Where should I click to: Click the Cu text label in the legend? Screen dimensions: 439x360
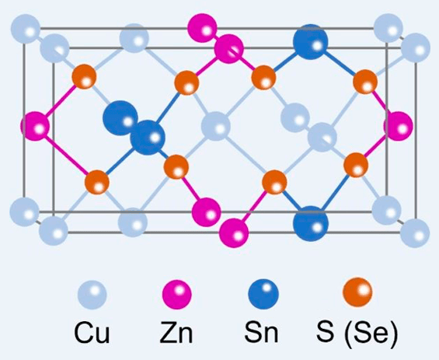click(x=92, y=333)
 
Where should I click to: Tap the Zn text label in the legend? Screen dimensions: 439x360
click(x=176, y=333)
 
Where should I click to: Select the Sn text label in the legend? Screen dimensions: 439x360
click(x=262, y=333)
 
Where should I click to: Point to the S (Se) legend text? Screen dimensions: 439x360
click(x=357, y=334)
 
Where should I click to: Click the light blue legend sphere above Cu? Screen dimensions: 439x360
click(x=92, y=294)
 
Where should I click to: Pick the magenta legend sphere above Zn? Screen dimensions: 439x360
click(x=177, y=295)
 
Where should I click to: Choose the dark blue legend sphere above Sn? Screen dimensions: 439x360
click(x=263, y=294)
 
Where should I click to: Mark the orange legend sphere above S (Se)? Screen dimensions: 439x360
click(x=357, y=292)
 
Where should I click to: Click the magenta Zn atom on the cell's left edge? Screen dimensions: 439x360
click(x=35, y=126)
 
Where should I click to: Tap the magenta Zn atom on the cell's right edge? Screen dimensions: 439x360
click(x=398, y=126)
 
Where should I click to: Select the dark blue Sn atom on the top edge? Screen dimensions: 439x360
click(x=310, y=42)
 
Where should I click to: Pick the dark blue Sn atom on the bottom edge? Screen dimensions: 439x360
click(x=310, y=223)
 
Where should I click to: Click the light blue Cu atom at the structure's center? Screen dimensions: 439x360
click(x=216, y=126)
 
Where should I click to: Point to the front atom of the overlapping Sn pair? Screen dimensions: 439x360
click(x=148, y=138)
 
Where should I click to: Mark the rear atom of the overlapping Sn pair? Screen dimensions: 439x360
click(x=120, y=118)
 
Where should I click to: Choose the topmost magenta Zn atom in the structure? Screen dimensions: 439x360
click(x=203, y=28)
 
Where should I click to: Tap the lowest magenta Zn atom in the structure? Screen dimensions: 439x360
click(x=234, y=233)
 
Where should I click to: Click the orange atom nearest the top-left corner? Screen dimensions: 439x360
click(x=84, y=76)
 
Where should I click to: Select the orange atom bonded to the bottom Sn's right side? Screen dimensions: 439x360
click(x=356, y=165)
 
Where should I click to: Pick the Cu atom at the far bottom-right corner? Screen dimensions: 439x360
click(x=415, y=233)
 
